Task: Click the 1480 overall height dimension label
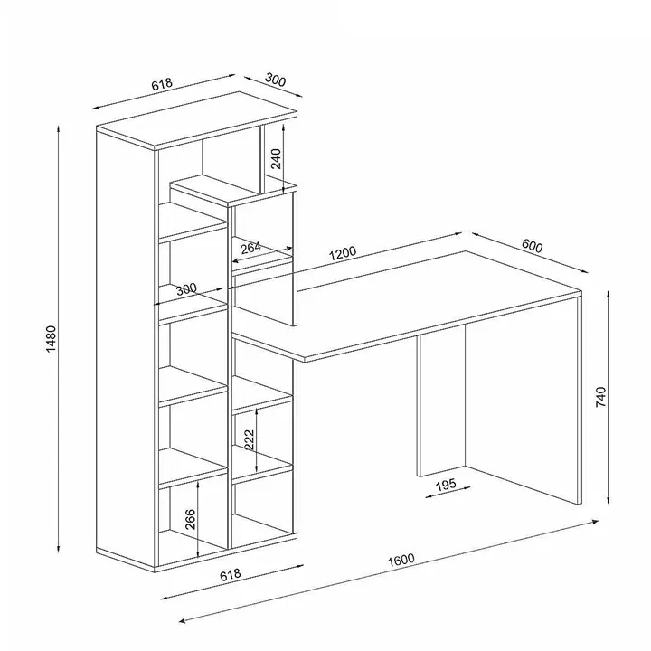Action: coord(51,339)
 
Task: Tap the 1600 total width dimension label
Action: coord(401,560)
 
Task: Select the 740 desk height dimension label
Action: coord(600,397)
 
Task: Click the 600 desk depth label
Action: coord(532,246)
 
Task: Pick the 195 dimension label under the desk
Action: coord(446,484)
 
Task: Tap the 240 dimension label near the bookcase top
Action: coord(276,158)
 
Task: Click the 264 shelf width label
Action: coord(250,248)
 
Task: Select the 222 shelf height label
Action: coord(249,440)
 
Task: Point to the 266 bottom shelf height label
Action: coord(190,519)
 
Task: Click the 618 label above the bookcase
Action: coord(162,84)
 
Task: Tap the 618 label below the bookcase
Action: coord(230,575)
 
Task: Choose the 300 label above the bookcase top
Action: coord(275,80)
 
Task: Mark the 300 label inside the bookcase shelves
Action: coord(186,289)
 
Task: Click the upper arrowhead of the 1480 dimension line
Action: coord(59,127)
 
